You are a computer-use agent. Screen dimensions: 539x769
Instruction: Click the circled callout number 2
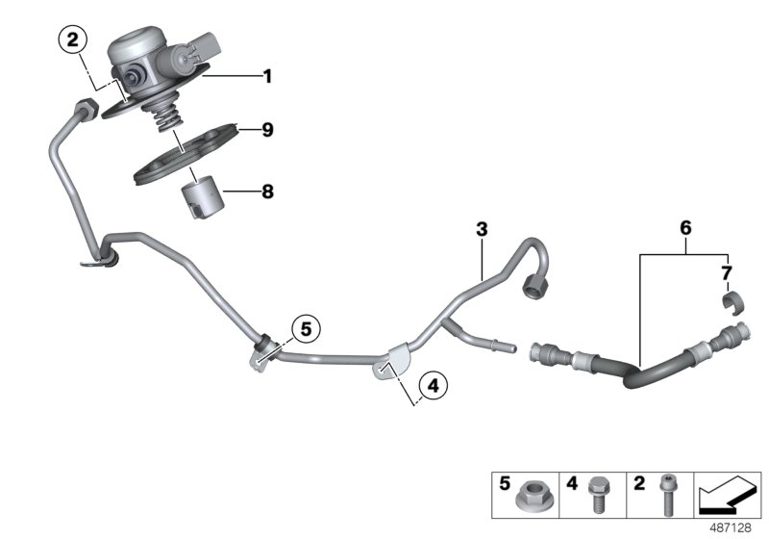pyautogui.click(x=73, y=40)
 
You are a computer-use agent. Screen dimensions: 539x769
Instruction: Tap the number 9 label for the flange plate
pyautogui.click(x=267, y=129)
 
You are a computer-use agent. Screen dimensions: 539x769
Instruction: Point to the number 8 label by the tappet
pyautogui.click(x=267, y=192)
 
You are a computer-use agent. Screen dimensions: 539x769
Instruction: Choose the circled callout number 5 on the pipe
pyautogui.click(x=306, y=330)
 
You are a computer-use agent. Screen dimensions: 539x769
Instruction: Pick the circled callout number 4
pyautogui.click(x=433, y=387)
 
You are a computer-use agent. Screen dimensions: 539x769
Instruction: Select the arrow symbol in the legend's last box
pyautogui.click(x=727, y=496)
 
